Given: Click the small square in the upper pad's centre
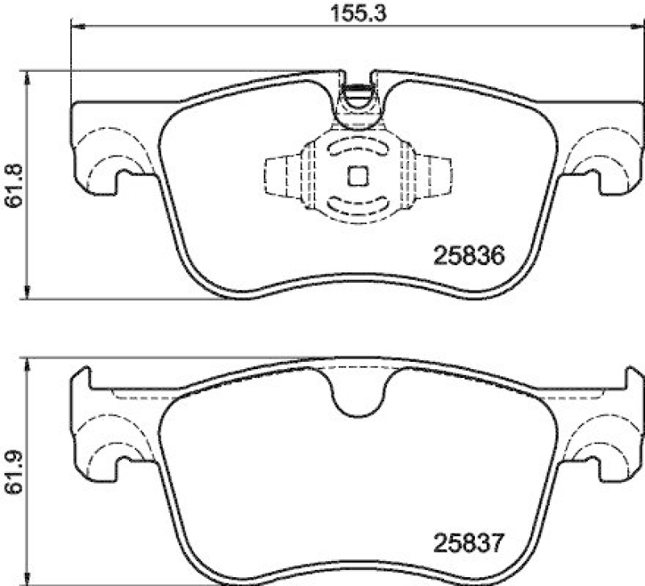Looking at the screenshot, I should coord(356,175).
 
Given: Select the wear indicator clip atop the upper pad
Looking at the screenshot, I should coord(356,103).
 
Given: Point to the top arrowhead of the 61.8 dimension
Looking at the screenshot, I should coord(29,77).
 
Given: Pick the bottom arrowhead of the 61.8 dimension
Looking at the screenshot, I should coord(29,294).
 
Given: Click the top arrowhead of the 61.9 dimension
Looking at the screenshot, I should coord(29,364).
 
